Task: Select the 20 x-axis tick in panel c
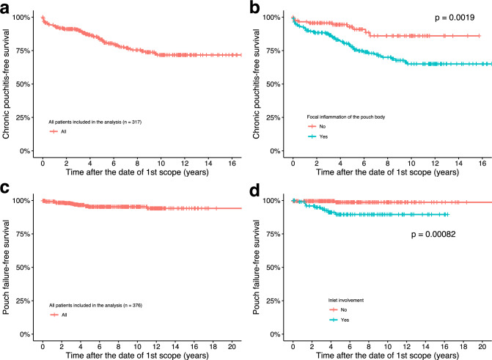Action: pos(231,344)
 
